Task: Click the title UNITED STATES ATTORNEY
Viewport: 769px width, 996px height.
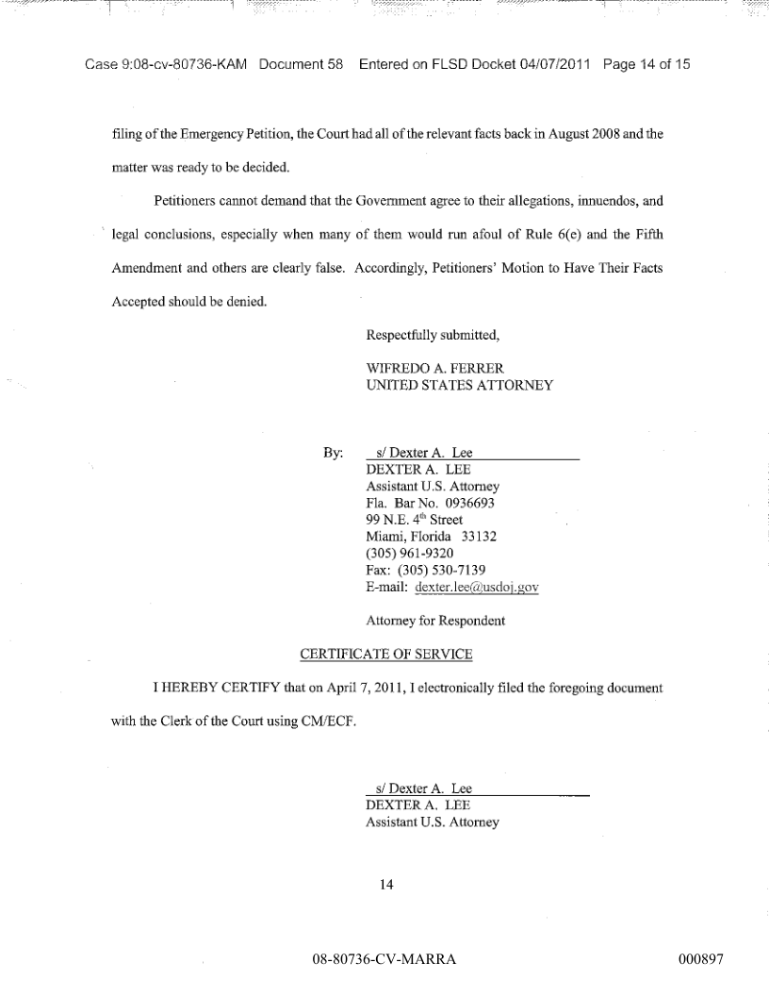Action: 458,385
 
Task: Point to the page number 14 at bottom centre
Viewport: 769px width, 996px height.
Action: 384,885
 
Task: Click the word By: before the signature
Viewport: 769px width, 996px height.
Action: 333,453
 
